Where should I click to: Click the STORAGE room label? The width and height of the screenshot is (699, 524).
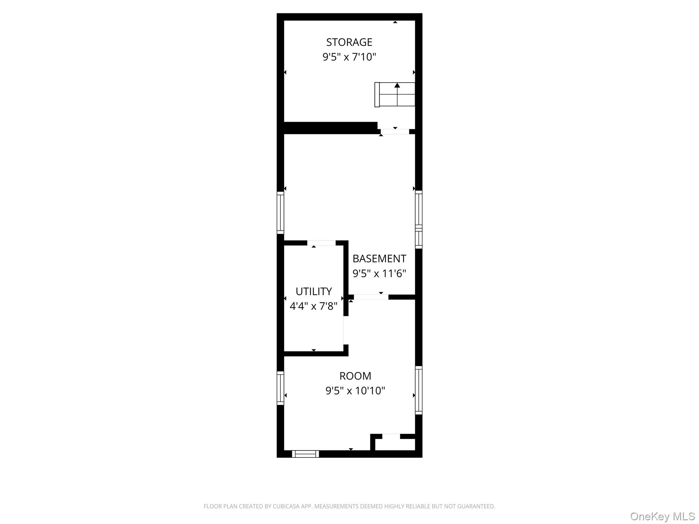pyautogui.click(x=349, y=42)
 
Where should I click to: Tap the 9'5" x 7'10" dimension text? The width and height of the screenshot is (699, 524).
pyautogui.click(x=349, y=57)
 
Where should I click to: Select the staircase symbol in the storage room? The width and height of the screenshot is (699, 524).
pyautogui.click(x=395, y=94)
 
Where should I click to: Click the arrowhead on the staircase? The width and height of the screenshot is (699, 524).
pyautogui.click(x=397, y=85)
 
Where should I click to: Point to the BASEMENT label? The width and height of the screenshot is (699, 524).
pyautogui.click(x=379, y=259)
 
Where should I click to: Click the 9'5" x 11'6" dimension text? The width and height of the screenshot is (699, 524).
pyautogui.click(x=379, y=274)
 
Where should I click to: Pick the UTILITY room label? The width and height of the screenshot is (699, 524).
pyautogui.click(x=314, y=292)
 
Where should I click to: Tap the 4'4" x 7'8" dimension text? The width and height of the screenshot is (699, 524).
pyautogui.click(x=314, y=306)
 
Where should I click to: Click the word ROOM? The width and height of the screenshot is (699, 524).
pyautogui.click(x=355, y=376)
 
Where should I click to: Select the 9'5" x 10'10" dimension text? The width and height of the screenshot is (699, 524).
pyautogui.click(x=355, y=391)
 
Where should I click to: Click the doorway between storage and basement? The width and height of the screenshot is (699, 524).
pyautogui.click(x=395, y=131)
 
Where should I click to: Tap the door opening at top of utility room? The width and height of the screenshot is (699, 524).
pyautogui.click(x=321, y=243)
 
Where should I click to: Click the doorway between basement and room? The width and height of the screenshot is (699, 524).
pyautogui.click(x=371, y=297)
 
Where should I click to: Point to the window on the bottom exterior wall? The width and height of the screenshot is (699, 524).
pyautogui.click(x=305, y=454)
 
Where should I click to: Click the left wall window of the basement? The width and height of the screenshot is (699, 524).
pyautogui.click(x=280, y=213)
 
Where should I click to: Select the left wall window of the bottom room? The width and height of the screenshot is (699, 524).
pyautogui.click(x=280, y=388)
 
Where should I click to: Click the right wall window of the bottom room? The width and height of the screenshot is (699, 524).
pyautogui.click(x=419, y=390)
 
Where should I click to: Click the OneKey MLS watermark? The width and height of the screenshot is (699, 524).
pyautogui.click(x=662, y=516)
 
